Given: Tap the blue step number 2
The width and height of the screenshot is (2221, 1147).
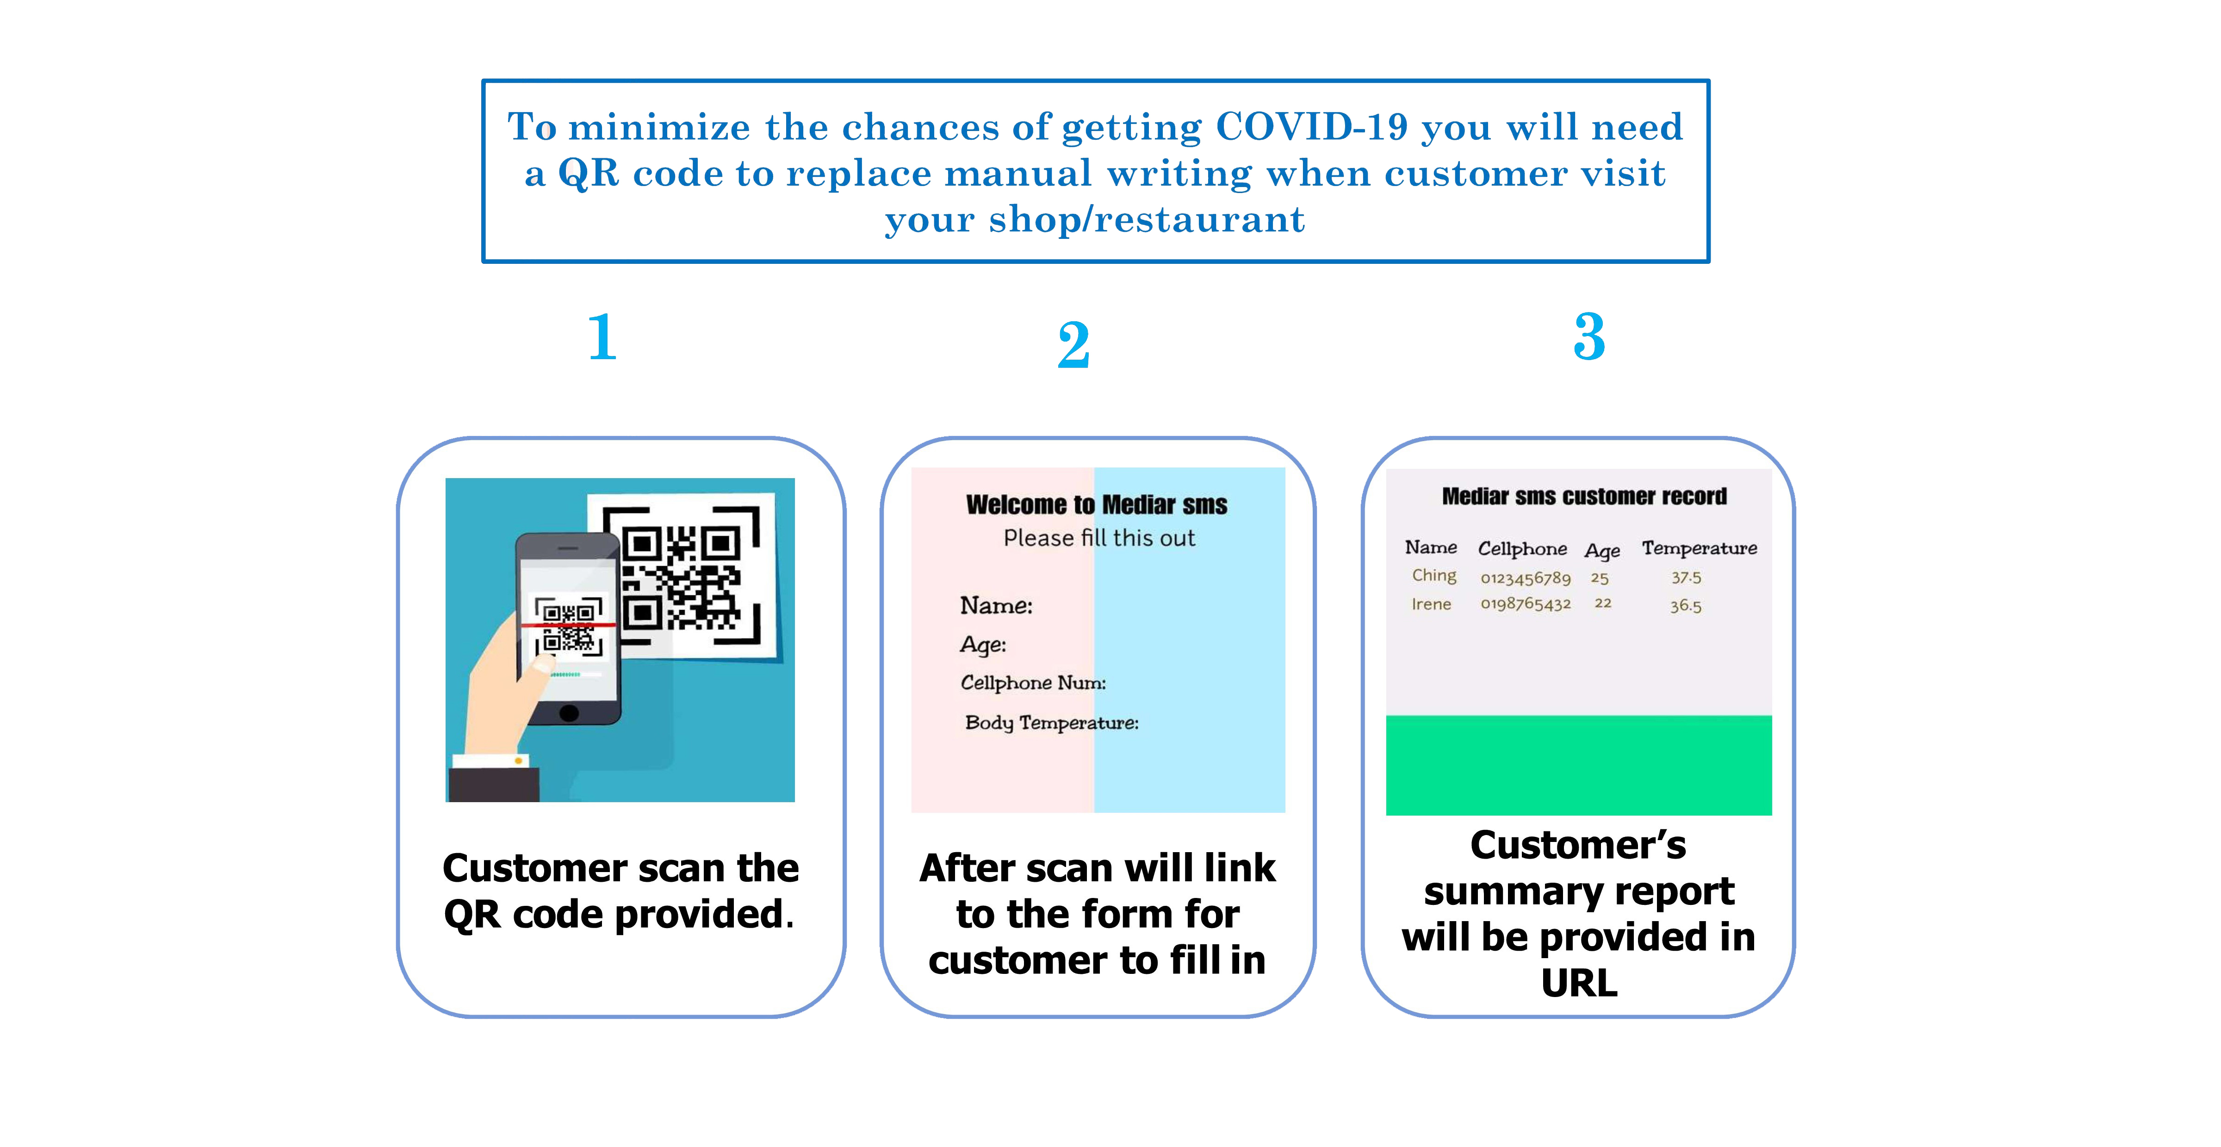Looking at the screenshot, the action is click(x=1074, y=345).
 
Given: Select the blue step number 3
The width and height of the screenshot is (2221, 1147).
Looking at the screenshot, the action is click(x=1589, y=337).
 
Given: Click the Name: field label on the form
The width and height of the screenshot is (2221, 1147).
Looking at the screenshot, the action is click(x=996, y=605).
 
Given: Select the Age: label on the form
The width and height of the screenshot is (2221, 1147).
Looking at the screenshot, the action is click(x=983, y=645).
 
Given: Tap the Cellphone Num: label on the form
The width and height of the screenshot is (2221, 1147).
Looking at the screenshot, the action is click(x=1033, y=683).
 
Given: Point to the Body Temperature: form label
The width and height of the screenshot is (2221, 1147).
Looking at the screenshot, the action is click(x=1051, y=723).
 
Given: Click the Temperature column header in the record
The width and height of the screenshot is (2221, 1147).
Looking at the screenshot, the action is click(x=1699, y=549).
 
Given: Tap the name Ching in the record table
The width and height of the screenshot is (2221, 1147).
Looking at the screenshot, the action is click(x=1434, y=575).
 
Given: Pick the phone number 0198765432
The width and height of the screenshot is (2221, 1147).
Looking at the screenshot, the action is click(x=1525, y=604).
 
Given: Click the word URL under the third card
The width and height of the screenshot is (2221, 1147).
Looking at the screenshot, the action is click(x=1579, y=983).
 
